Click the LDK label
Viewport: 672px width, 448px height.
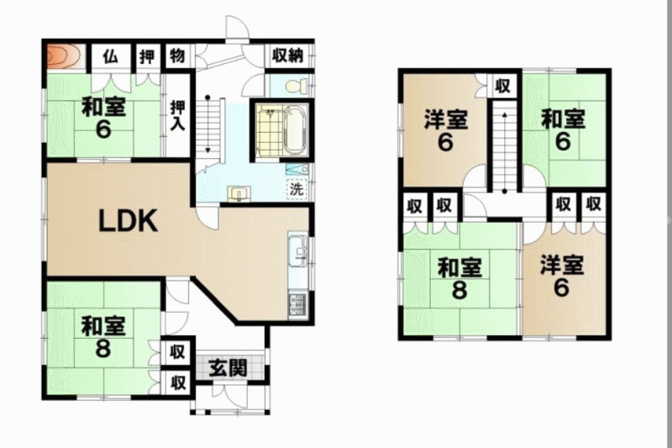point(128,221)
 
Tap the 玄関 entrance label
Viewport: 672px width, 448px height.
point(228,368)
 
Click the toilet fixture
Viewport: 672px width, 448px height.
point(297,86)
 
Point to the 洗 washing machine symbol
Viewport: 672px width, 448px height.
point(297,188)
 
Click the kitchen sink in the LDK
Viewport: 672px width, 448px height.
point(298,250)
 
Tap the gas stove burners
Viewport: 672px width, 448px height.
point(298,305)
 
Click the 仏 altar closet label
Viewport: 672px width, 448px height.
point(111,56)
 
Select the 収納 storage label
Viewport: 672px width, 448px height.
point(287,55)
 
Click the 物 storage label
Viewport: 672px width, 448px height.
point(177,55)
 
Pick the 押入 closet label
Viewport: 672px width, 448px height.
point(177,116)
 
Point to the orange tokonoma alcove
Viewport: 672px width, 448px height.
point(64,55)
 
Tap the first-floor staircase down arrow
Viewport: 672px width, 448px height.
point(207,124)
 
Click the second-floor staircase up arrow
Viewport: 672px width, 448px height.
point(505,152)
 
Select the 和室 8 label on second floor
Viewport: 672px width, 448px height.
point(459,278)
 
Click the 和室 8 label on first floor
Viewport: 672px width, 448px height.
point(103,337)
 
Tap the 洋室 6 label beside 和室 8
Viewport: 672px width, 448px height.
point(561,276)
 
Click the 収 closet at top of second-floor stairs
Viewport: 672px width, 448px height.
point(502,87)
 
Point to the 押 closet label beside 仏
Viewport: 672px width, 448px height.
point(147,56)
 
